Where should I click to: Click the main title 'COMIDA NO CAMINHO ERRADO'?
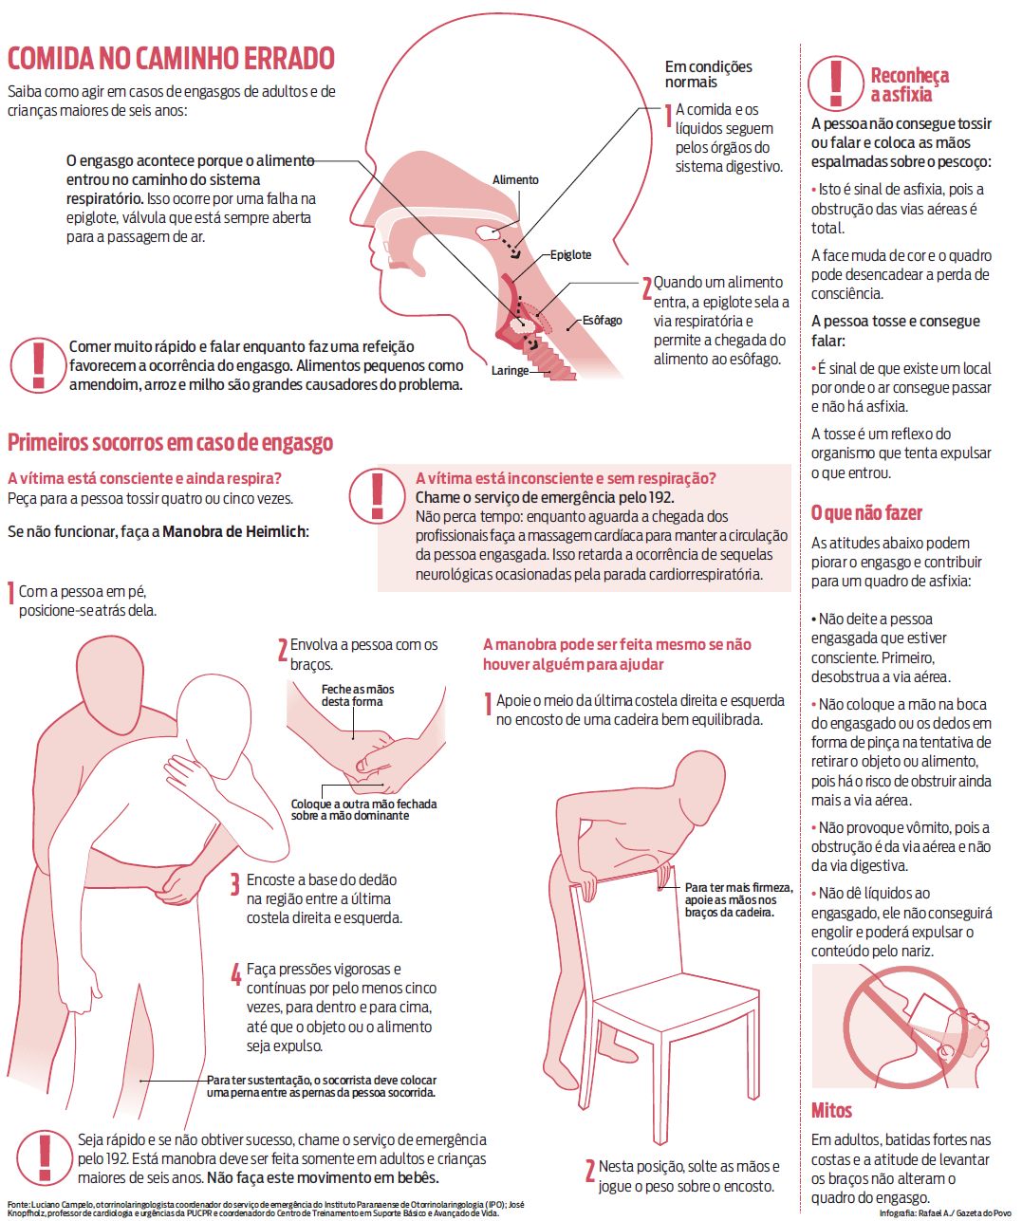171,59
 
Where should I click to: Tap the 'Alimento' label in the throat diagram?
515,180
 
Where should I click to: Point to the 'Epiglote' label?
570,254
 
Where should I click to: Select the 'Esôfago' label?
602,321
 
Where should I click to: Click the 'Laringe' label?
510,371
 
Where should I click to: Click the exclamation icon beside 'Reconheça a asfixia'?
835,83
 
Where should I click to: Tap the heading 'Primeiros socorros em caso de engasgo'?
170,442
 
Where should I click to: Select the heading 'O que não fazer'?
865,513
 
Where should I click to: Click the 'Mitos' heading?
831,1110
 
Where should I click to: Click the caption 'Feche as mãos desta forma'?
357,695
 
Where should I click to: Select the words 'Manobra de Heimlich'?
235,531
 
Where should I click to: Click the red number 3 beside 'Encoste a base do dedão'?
234,886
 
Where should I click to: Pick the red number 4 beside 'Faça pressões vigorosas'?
235,974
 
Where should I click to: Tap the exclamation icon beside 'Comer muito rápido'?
38,364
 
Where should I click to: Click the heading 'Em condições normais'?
708,74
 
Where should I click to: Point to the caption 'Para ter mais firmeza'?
730,899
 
